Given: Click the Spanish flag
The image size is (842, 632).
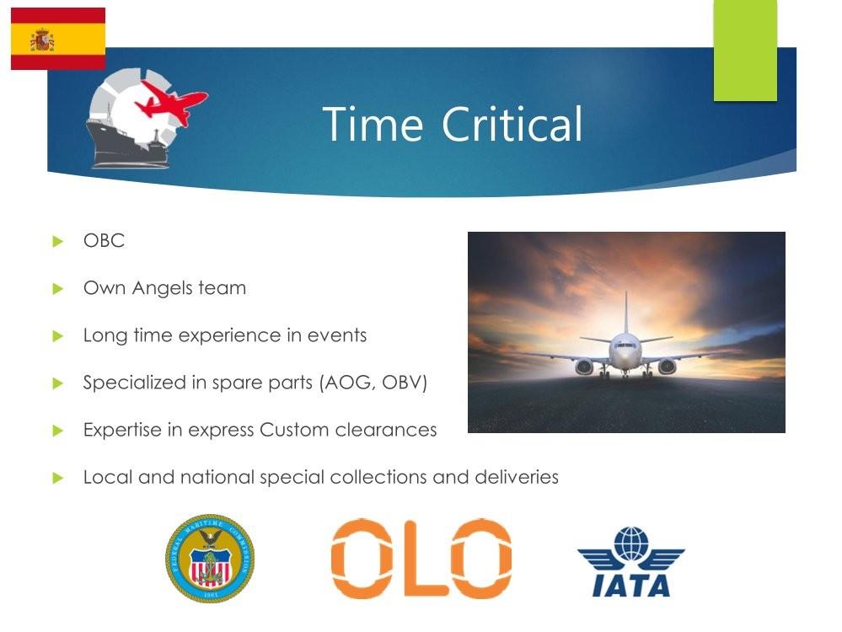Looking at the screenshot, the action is coord(58,39).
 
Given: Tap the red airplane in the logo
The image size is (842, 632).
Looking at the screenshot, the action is coord(171,102).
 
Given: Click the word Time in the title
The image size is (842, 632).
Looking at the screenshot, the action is coord(373,124).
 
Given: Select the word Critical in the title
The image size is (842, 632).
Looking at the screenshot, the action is coord(512,124).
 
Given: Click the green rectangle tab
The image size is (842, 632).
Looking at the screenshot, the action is coord(745,50).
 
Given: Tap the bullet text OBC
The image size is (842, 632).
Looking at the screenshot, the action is coord(104,240).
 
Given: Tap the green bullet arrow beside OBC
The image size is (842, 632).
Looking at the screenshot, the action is coord(58,242).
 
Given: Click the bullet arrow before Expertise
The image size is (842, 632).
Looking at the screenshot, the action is coord(58,431).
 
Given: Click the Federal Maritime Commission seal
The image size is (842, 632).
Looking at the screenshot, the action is coord(210,558).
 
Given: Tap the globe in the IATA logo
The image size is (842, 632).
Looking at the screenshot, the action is coord(631,544).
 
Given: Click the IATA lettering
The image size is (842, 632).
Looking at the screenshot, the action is coord(631,586).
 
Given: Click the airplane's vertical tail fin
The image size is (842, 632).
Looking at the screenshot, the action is coord(625,313).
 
